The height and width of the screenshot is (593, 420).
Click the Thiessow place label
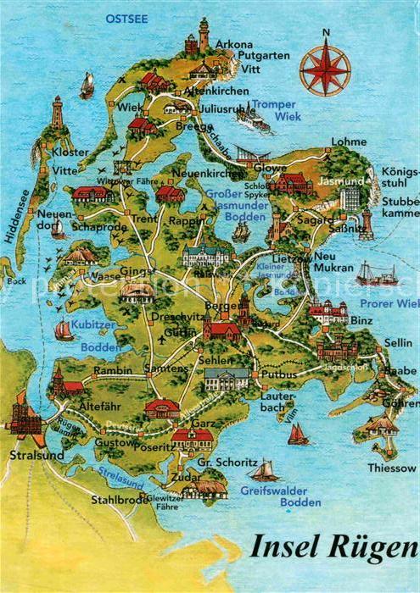coord(391,468)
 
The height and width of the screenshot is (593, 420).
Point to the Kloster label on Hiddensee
coord(70,152)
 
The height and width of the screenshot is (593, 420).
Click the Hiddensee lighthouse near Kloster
coord(57,113)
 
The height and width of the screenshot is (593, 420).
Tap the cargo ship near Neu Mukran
coord(376,274)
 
